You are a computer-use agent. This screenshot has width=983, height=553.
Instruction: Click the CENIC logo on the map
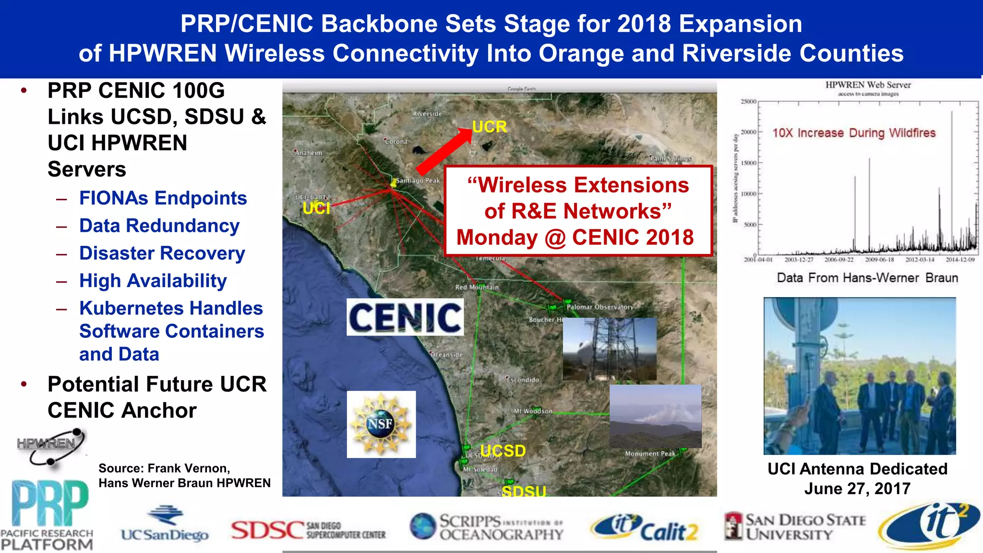click(405, 317)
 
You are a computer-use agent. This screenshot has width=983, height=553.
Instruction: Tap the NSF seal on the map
click(381, 424)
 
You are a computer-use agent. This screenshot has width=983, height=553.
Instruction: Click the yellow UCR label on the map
click(489, 127)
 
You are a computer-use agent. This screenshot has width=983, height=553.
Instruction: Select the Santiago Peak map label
click(418, 180)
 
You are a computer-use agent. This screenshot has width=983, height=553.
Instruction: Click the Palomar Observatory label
click(599, 307)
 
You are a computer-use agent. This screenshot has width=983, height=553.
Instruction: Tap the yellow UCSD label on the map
click(503, 451)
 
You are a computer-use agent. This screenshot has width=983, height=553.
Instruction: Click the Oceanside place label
click(446, 355)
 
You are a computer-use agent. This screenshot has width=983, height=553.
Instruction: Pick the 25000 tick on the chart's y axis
click(748, 102)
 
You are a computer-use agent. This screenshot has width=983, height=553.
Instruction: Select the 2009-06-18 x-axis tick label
click(879, 260)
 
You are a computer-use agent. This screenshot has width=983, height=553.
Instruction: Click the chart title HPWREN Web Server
click(868, 85)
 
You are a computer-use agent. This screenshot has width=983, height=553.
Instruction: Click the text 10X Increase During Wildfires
click(854, 133)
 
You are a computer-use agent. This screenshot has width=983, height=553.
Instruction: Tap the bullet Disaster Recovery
click(162, 253)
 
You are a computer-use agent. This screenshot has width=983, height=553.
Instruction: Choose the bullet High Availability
click(153, 281)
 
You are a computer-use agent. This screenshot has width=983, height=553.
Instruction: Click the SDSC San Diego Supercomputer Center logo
click(308, 530)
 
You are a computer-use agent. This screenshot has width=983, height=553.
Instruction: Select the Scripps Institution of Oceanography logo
click(487, 527)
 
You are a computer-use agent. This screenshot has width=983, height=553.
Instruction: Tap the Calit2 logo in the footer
click(645, 528)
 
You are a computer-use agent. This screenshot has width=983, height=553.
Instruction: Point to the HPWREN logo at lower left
click(50, 446)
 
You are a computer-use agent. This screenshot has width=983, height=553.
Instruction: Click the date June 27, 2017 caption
click(857, 489)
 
